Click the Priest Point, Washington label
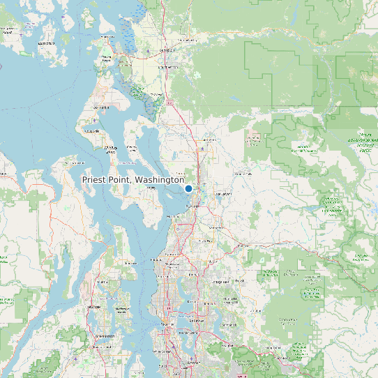coord(133,180)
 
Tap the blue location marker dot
coord(188,188)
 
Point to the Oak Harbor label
coord(102,108)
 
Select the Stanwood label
coord(157,94)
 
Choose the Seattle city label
coord(166,325)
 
